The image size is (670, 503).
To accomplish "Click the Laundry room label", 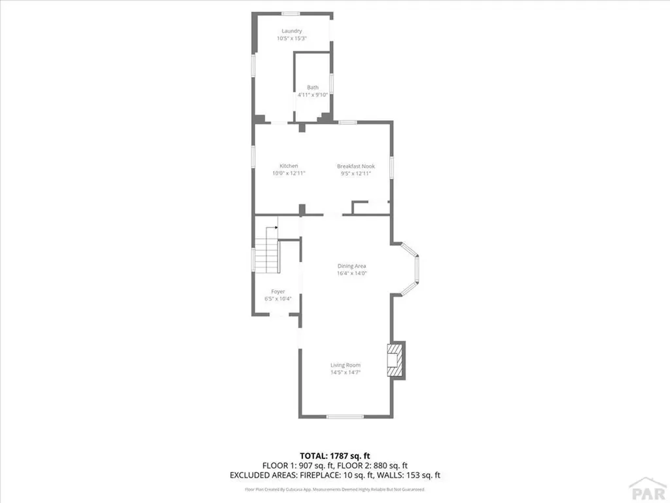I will click(x=291, y=31).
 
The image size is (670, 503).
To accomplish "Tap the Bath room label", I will click(x=313, y=88).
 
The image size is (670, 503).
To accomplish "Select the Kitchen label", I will click(x=289, y=166).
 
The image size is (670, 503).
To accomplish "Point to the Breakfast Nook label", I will click(x=355, y=166).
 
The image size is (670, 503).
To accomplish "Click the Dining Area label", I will click(x=351, y=266).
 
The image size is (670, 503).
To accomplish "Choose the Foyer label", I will click(x=278, y=291).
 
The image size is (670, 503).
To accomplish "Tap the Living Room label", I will click(x=345, y=365).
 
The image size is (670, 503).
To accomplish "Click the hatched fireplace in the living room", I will click(x=395, y=360).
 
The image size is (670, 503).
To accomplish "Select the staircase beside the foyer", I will click(x=267, y=257).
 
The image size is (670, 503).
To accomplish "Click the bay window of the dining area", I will click(x=412, y=269).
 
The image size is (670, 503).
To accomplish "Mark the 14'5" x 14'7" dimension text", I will click(x=345, y=373).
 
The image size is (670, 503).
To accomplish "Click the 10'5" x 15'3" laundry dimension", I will click(x=291, y=39).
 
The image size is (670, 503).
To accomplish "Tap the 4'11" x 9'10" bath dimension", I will click(x=313, y=95).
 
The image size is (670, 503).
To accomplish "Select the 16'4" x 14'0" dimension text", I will click(x=351, y=274).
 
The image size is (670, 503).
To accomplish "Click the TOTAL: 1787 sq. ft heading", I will click(x=335, y=455).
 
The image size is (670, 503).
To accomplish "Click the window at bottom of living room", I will click(x=345, y=417).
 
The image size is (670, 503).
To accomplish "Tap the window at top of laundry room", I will click(x=291, y=13).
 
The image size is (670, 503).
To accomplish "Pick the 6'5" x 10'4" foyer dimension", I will click(x=278, y=299).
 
